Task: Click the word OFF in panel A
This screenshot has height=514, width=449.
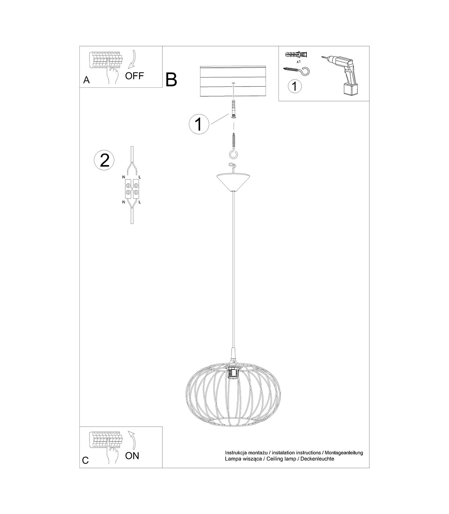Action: pos(134,76)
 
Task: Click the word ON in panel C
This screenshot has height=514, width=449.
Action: pos(132,456)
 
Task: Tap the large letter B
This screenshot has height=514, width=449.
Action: pos(171,80)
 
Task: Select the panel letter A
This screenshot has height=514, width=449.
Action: pos(86,80)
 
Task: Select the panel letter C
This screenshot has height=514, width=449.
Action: pos(85,460)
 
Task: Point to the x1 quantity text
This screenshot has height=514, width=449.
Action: pos(299,61)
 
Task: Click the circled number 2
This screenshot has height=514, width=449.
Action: pos(104,160)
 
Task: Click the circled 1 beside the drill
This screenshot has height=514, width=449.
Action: pos(295,86)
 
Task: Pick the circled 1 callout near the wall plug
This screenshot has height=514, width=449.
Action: pos(199,124)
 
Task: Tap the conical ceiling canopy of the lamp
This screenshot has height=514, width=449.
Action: pos(233,181)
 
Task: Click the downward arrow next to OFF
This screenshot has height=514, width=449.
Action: pos(132,60)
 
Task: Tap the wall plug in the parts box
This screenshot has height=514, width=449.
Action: pos(296,54)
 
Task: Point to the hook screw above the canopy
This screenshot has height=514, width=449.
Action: pos(233,146)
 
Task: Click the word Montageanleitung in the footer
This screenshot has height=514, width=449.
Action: pos(344,453)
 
